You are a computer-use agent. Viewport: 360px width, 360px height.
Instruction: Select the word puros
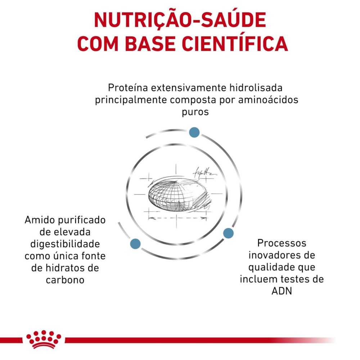(195, 112)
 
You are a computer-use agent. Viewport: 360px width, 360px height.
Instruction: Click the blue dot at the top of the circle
(194, 132)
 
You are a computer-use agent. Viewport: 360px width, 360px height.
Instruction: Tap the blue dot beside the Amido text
(135, 244)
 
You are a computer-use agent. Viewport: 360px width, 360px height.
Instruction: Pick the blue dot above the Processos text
(228, 233)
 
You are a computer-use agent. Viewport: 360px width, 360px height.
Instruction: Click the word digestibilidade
(65, 244)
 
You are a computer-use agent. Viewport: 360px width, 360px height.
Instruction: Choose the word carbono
(65, 280)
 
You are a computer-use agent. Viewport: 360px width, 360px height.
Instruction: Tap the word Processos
(282, 243)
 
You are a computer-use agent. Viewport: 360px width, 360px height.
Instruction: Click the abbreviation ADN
(282, 291)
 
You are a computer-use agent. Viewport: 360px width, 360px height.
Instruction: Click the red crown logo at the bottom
(44, 339)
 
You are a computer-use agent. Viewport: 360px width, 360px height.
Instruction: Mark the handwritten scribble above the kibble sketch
(205, 172)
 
